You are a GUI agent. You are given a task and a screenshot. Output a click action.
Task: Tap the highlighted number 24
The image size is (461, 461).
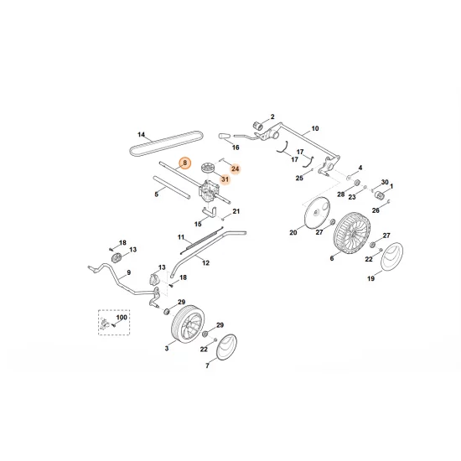[x=234, y=169]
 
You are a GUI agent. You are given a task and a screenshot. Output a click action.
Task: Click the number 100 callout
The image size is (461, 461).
[x=122, y=318]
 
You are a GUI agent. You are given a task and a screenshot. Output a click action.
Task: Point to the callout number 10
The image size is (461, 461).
[x=315, y=129]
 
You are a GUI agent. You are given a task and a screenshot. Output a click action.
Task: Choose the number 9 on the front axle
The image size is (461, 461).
[x=128, y=273]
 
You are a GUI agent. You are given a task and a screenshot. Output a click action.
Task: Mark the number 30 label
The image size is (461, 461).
[x=385, y=182]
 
